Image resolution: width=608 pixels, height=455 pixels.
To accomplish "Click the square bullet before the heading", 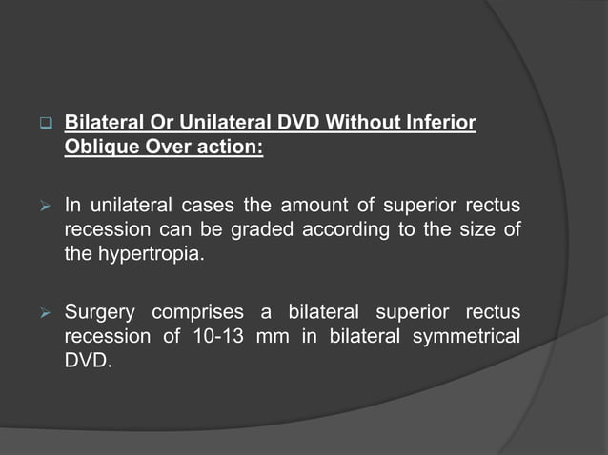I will tap(44, 124).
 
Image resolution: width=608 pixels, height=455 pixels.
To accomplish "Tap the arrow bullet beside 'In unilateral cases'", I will tap(44, 206).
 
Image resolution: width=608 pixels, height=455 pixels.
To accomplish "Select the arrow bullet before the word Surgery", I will tap(44, 313).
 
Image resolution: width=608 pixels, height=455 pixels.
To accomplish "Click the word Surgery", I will tap(100, 313).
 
